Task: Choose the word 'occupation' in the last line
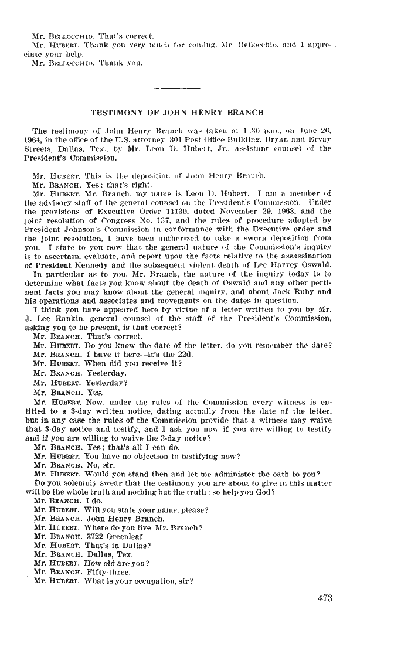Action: pos(156,580)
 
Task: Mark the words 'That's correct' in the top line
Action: pos(120,28)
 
